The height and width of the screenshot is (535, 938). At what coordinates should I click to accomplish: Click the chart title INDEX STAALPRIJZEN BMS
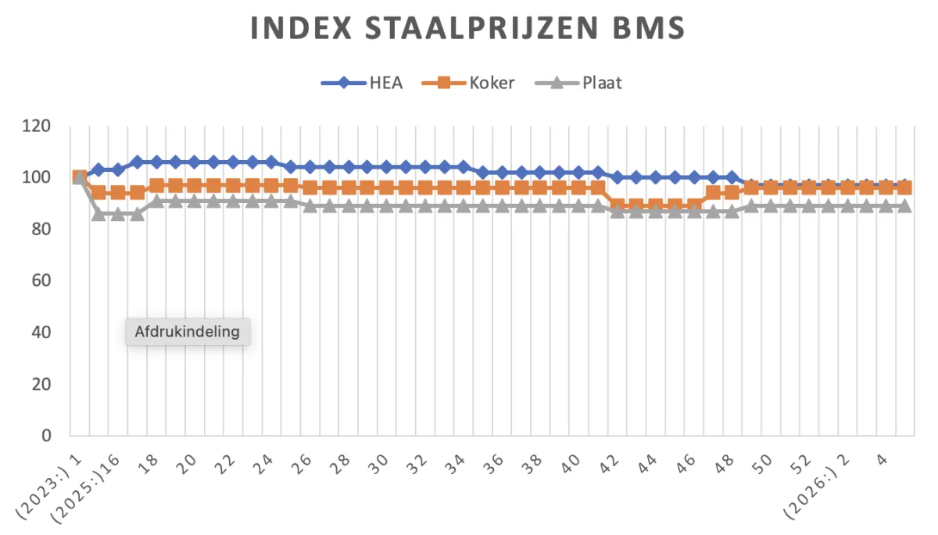(x=467, y=29)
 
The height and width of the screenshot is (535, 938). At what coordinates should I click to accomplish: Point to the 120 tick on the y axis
(x=37, y=127)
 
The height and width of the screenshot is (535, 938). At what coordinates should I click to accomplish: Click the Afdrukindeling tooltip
(x=187, y=331)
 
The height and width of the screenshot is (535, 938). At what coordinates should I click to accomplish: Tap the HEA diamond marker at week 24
(x=271, y=162)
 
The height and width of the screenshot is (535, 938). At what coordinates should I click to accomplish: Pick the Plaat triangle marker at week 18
(x=156, y=201)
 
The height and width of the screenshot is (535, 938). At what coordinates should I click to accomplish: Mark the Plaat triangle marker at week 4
(x=886, y=205)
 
